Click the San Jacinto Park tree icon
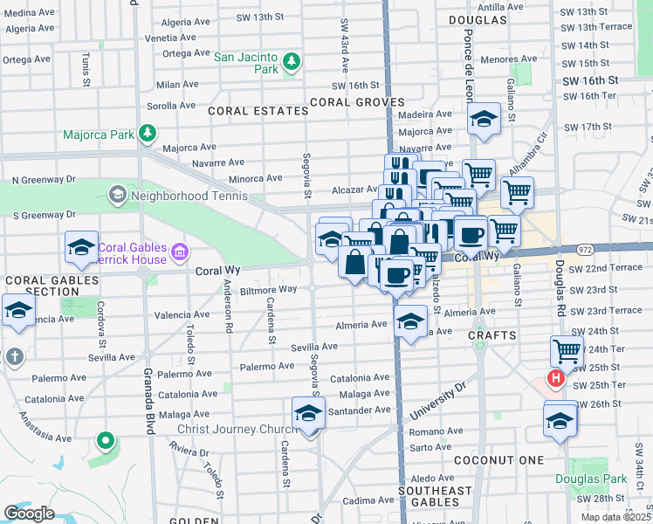292,62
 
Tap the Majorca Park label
99,134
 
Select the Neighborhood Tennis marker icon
117,195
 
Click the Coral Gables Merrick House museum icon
180,253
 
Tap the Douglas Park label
602,479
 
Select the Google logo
29,513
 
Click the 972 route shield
585,250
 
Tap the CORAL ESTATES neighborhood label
258,111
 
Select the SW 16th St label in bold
590,80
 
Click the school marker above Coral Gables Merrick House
81,248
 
